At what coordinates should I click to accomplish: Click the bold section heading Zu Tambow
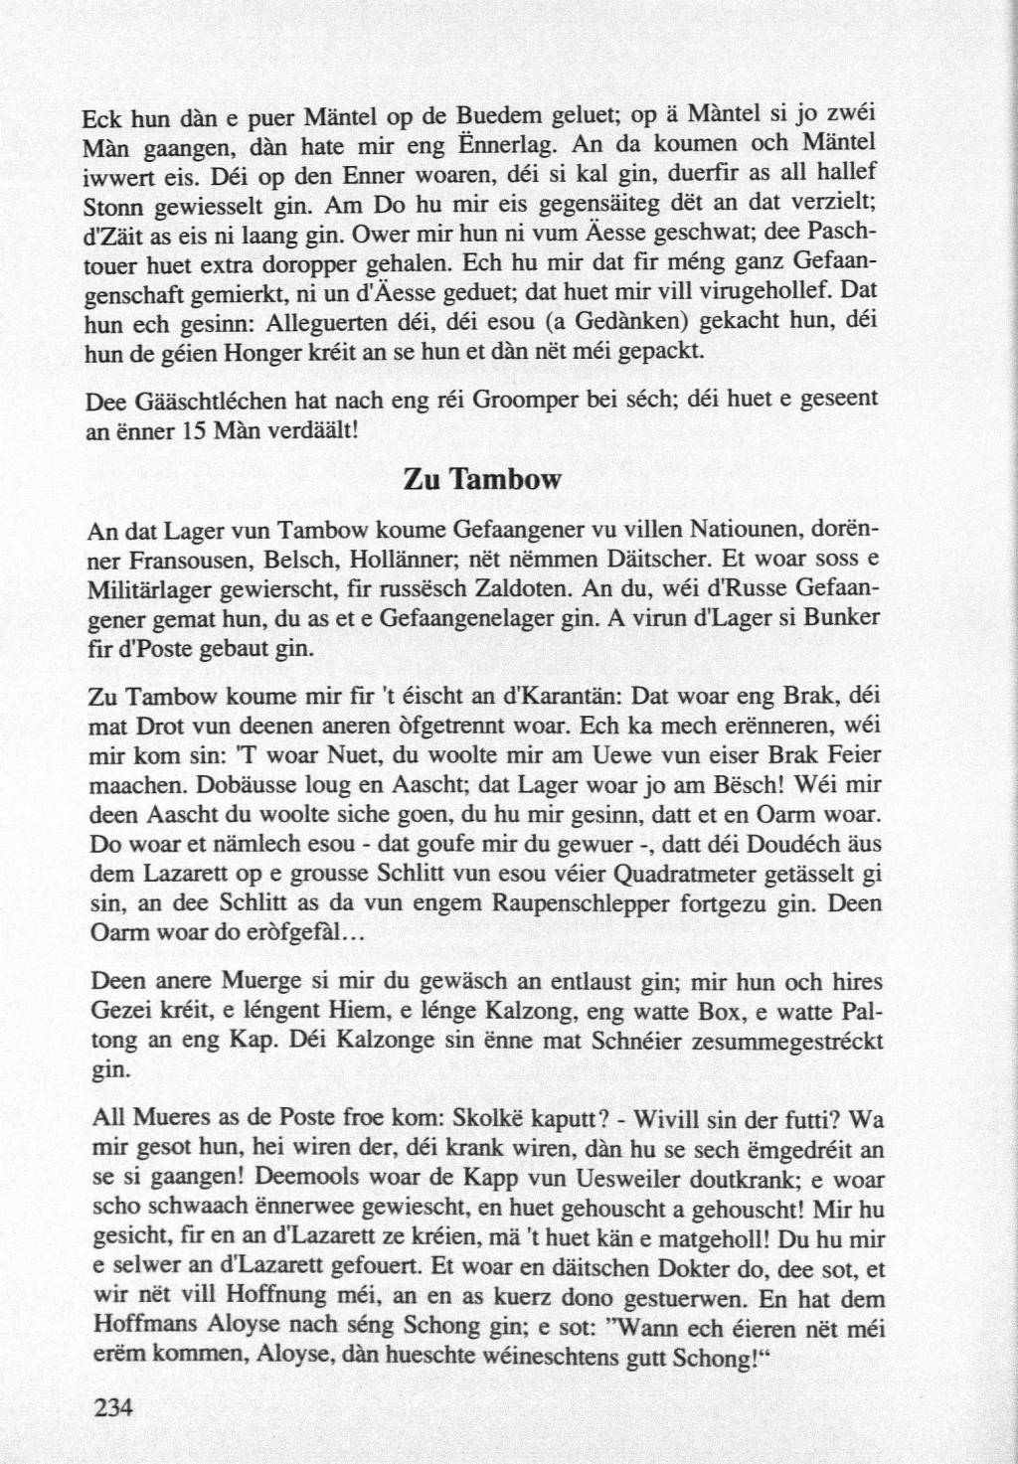(x=482, y=480)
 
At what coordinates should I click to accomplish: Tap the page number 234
(x=111, y=1407)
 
